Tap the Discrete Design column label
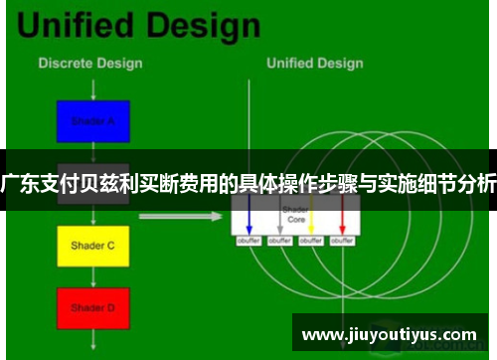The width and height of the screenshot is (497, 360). (89, 63)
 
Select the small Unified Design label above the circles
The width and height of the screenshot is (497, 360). (315, 63)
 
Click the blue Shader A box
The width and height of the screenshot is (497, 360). (92, 120)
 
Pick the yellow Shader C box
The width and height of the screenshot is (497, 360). (92, 245)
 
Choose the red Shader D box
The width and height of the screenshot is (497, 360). (92, 307)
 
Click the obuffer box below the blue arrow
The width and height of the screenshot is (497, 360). (248, 240)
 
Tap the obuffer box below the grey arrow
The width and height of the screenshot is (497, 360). (279, 240)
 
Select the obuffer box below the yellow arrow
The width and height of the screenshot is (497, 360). (311, 240)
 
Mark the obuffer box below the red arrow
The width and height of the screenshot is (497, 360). (342, 240)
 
